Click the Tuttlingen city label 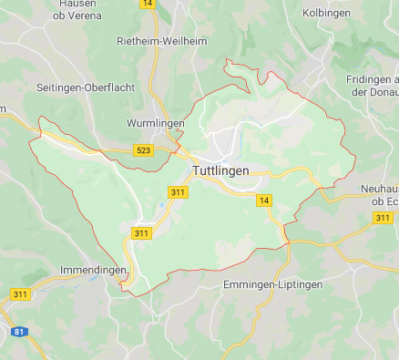pyautogui.click(x=220, y=170)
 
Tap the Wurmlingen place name pyautogui.click(x=155, y=123)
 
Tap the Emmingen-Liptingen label pyautogui.click(x=272, y=284)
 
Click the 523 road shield pyautogui.click(x=143, y=150)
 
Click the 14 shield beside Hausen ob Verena pyautogui.click(x=148, y=4)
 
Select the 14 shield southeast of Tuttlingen pyautogui.click(x=264, y=201)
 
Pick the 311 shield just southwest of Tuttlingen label pyautogui.click(x=178, y=191)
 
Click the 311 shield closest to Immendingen pyautogui.click(x=141, y=234)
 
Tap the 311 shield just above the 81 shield pyautogui.click(x=20, y=294)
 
